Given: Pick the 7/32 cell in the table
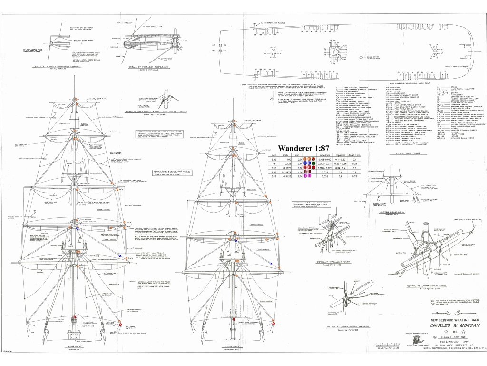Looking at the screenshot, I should point(273,172).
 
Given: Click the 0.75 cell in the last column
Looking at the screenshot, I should point(361,176).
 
